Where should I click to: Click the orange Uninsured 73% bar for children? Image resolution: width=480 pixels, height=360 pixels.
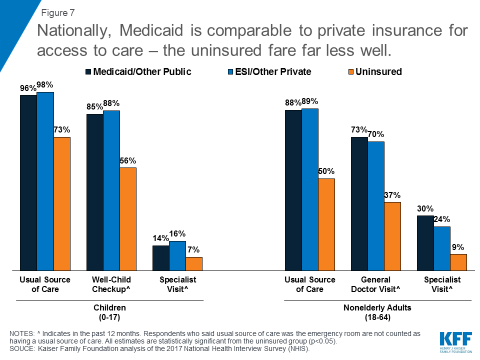[x=61, y=203]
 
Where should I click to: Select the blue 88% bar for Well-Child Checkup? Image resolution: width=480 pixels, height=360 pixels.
[x=111, y=190]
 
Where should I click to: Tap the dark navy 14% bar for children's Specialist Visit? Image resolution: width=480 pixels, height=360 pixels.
[x=160, y=257]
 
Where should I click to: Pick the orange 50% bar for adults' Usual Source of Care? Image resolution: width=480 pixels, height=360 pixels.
[x=326, y=224]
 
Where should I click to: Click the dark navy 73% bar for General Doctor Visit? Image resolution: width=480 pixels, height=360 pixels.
[x=359, y=203]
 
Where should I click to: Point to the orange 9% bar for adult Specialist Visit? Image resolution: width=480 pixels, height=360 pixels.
[x=458, y=262]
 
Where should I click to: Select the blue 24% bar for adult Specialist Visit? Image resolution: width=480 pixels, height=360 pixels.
[x=442, y=248]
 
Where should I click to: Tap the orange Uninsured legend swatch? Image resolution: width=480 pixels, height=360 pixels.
[x=350, y=72]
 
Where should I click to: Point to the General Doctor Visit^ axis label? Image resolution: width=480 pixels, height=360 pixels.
[x=375, y=284]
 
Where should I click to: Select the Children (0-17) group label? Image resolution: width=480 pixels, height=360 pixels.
[x=110, y=312]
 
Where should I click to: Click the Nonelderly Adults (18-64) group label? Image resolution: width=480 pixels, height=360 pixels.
[x=377, y=312]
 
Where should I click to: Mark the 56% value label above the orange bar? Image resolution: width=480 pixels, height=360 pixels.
[x=127, y=161]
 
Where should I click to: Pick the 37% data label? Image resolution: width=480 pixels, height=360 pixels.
[x=392, y=195]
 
